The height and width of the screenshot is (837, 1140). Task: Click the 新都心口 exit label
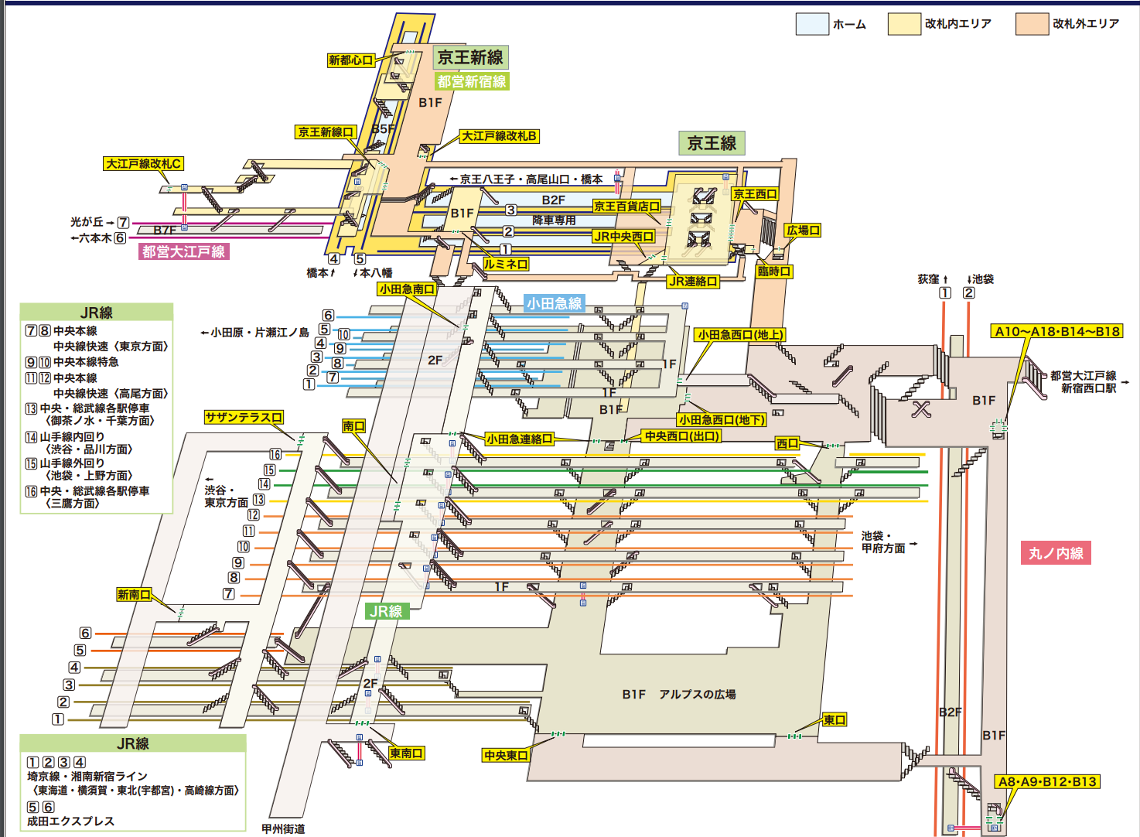351,60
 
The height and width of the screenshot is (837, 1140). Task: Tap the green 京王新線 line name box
470,57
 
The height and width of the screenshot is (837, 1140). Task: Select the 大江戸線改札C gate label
144,164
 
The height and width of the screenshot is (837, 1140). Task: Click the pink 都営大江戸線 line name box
183,251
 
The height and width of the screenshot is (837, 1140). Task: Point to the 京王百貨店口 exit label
626,207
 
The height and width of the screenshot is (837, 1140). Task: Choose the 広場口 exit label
803,231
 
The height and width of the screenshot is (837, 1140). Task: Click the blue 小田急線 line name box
554,303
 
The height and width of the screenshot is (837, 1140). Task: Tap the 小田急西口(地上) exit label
740,335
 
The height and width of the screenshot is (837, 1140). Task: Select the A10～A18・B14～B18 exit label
1056,331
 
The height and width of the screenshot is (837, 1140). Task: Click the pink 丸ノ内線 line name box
1056,553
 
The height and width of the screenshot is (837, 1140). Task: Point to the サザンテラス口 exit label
244,418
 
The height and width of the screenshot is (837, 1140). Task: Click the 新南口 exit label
134,594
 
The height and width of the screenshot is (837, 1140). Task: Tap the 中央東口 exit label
506,755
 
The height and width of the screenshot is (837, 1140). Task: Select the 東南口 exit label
406,753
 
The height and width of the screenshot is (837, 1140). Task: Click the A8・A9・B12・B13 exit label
1047,781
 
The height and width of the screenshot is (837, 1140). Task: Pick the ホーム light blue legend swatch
812,24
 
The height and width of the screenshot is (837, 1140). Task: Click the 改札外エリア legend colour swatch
1032,24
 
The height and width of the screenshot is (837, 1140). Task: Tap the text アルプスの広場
697,695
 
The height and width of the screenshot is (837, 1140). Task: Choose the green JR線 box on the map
385,611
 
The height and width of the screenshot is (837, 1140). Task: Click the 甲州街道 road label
283,828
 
